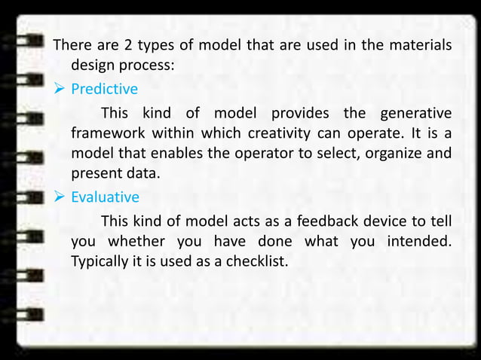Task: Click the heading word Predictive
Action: tap(104, 90)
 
